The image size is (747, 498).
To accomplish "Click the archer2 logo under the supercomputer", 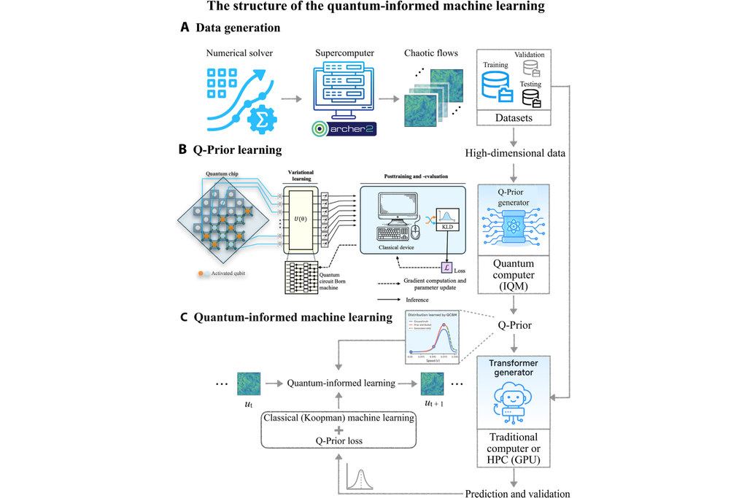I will (341, 129).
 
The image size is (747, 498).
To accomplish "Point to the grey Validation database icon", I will (533, 69).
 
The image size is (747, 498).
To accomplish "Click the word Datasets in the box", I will (514, 117).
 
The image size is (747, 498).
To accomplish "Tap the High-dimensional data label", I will (514, 153).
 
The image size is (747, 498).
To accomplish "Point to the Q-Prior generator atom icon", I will (514, 223).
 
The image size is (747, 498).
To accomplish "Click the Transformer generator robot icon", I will (514, 402).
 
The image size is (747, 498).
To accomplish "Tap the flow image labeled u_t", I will (249, 384).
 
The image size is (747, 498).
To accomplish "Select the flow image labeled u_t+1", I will (432, 384).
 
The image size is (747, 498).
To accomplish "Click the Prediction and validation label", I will (518, 493).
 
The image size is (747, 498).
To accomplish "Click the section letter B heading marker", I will (182, 150).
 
